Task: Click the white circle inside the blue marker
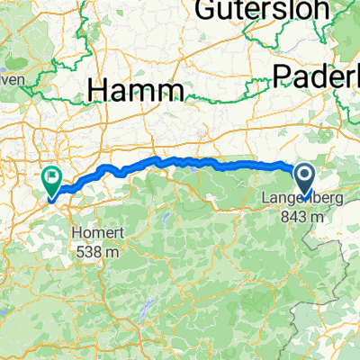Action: coord(305,174)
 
